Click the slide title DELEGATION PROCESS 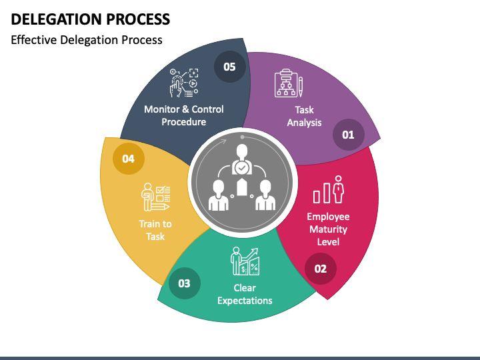pyautogui.click(x=91, y=19)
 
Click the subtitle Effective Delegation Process pyautogui.click(x=87, y=40)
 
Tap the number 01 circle pyautogui.click(x=348, y=135)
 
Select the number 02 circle pyautogui.click(x=321, y=269)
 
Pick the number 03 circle pyautogui.click(x=184, y=283)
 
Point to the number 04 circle pyautogui.click(x=128, y=159)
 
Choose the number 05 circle pyautogui.click(x=229, y=67)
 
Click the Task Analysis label pyautogui.click(x=304, y=116)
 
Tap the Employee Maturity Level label pyautogui.click(x=328, y=229)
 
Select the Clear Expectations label pyautogui.click(x=245, y=294)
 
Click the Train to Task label pyautogui.click(x=155, y=230)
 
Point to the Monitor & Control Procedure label pyautogui.click(x=184, y=115)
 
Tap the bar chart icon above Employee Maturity pyautogui.click(x=329, y=189)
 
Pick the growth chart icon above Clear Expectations pyautogui.click(x=245, y=261)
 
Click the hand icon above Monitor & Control pyautogui.click(x=185, y=82)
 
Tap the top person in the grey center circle pyautogui.click(x=241, y=157)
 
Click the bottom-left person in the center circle pyautogui.click(x=218, y=194)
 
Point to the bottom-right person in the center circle pyautogui.click(x=265, y=194)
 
